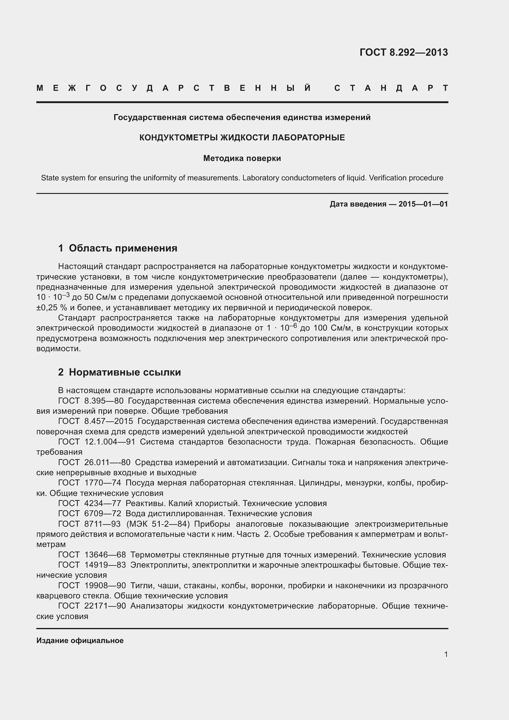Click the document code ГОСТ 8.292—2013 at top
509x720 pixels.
[403, 52]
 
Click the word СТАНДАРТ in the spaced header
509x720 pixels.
[391, 88]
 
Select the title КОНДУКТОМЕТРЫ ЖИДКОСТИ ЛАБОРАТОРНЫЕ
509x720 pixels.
[242, 138]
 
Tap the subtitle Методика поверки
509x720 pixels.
[242, 158]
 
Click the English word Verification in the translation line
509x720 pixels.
[388, 178]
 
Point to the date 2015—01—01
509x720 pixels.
[423, 204]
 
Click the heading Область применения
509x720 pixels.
[123, 248]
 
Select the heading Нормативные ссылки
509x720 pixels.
[125, 372]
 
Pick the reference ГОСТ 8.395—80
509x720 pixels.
[91, 401]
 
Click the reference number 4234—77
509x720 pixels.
[102, 503]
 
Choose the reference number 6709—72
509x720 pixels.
[102, 514]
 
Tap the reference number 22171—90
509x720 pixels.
[105, 606]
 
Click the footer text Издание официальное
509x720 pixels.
[80, 640]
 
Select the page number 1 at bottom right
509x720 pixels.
[446, 654]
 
